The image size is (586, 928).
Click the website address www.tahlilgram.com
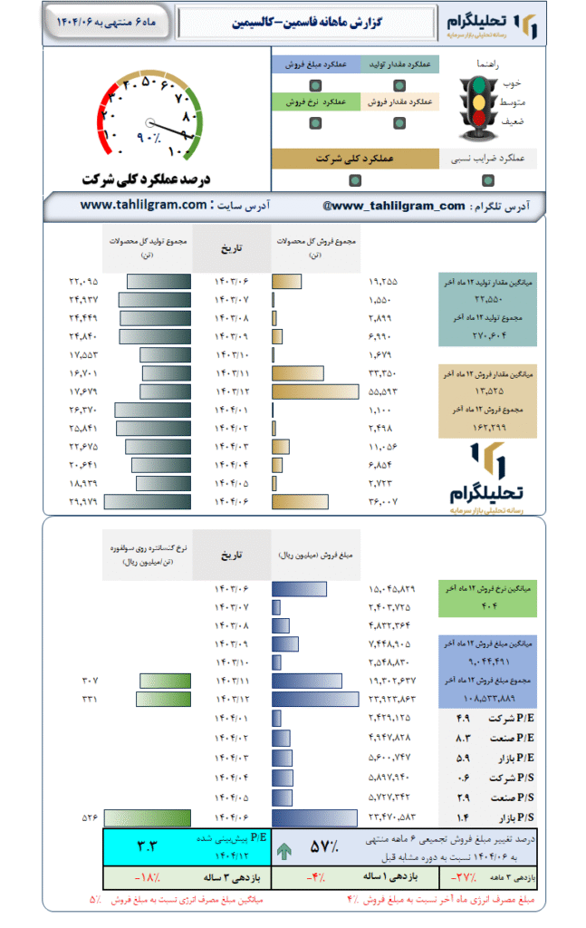144,206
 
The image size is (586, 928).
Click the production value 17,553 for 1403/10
82,354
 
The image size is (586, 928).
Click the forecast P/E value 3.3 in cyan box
147,847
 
